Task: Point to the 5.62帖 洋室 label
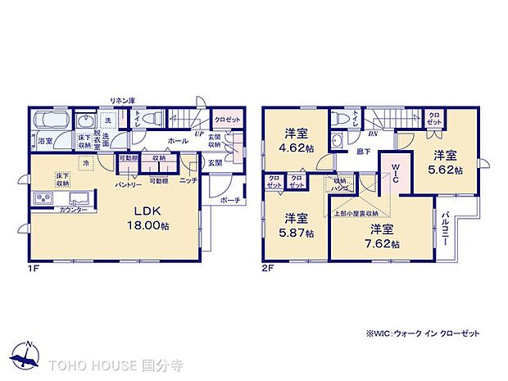click(x=446, y=162)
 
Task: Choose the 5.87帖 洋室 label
click(x=293, y=225)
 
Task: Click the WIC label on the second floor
click(x=393, y=172)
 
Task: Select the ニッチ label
click(x=188, y=181)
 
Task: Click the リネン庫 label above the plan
click(x=123, y=100)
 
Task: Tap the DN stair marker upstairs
click(x=371, y=133)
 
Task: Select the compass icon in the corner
click(x=28, y=353)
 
